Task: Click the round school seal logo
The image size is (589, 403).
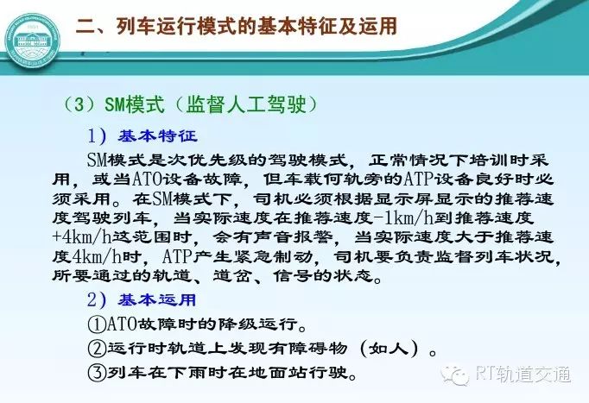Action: (33, 41)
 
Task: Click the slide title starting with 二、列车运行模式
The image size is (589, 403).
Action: (237, 26)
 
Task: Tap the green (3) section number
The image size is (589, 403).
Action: (79, 104)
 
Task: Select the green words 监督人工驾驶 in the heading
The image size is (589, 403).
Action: (246, 104)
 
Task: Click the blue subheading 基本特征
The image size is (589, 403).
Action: (158, 135)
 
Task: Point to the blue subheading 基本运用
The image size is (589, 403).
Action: (157, 299)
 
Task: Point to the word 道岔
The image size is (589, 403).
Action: (232, 276)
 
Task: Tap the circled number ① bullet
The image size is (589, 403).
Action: (97, 324)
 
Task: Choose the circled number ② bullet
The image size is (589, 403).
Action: (97, 349)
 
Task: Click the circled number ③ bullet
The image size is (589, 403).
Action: (97, 372)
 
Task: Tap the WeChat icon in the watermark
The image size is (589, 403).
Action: (455, 375)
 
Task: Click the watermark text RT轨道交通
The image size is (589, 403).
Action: (523, 374)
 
